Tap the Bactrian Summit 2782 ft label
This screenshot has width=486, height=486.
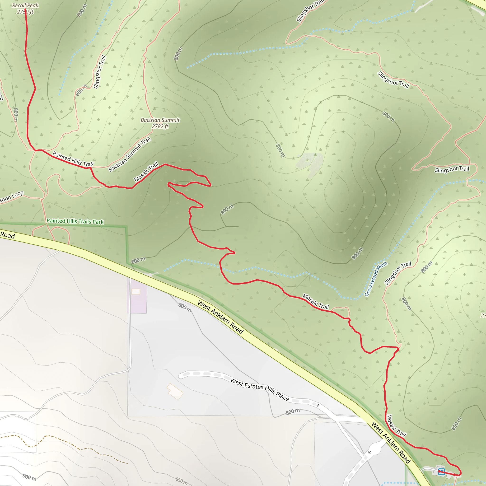[160, 123]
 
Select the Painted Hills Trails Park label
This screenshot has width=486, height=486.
[75, 221]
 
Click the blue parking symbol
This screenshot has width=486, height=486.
[441, 472]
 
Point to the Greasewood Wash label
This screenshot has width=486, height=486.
[376, 279]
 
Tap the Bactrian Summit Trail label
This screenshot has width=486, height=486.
[130, 154]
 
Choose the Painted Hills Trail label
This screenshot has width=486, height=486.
[73, 159]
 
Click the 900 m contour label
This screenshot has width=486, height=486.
[29, 477]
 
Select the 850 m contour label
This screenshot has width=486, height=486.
[181, 481]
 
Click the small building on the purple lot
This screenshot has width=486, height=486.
[136, 292]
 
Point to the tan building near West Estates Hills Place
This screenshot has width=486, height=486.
[175, 391]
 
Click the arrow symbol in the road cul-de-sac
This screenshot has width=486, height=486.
[369, 452]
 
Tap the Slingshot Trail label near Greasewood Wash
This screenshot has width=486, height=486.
[397, 273]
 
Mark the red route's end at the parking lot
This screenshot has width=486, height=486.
[454, 474]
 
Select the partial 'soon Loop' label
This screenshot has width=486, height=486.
[11, 197]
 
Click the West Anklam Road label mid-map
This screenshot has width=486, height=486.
[220, 317]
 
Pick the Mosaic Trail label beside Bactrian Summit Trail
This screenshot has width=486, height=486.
[146, 172]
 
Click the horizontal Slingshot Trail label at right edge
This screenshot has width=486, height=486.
[452, 169]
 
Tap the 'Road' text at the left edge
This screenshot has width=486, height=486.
[8, 235]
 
